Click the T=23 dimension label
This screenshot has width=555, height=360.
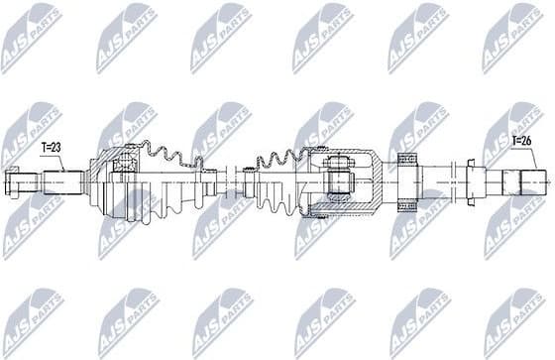52,147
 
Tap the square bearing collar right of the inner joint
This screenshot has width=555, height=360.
405,180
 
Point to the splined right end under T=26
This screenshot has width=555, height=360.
526,181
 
